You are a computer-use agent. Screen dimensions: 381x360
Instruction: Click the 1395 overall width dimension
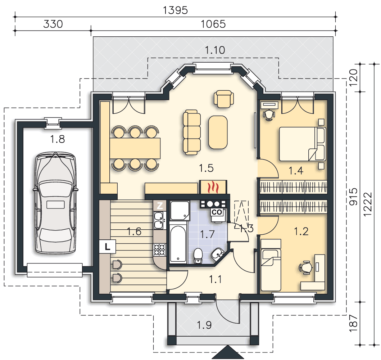coord(175,10)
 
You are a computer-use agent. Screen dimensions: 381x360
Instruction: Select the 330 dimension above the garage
coord(53,24)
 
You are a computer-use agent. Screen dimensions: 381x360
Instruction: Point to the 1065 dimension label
coord(213,24)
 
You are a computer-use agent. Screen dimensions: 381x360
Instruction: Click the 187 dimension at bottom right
coord(353,323)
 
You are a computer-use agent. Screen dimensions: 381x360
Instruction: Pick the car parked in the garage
coord(55,203)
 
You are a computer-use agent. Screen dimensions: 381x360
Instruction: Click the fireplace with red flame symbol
coord(213,187)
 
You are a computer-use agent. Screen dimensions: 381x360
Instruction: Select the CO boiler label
coord(217,212)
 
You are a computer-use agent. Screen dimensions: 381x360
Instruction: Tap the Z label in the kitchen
coord(160,206)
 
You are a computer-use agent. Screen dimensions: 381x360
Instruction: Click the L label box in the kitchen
coord(108,247)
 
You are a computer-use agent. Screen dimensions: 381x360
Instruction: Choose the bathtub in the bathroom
coord(178,244)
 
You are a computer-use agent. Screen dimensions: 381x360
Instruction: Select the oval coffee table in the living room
coord(218,132)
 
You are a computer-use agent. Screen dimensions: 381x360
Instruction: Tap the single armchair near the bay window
coord(224,99)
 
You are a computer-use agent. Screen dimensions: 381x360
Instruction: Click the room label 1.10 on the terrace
coord(215,50)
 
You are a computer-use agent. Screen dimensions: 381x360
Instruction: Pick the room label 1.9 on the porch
coord(204,325)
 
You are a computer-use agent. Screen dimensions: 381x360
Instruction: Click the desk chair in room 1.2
coord(306,268)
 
